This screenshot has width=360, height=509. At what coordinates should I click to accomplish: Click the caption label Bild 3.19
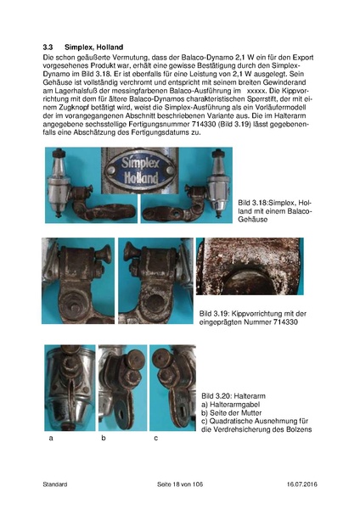coord(216,313)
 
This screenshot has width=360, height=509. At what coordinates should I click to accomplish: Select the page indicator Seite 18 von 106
coord(182,484)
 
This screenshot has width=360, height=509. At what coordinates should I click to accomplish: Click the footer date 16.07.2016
coord(300,484)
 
